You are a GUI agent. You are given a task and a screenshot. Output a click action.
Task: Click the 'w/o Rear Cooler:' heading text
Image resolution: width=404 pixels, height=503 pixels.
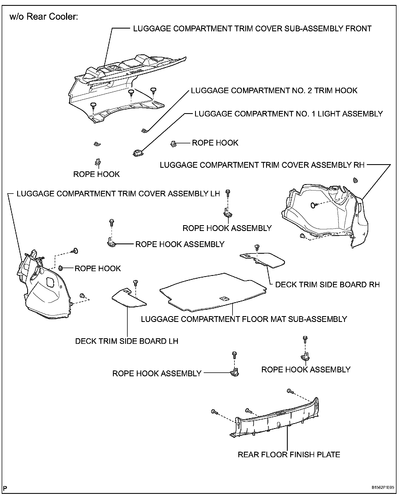point(44,17)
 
